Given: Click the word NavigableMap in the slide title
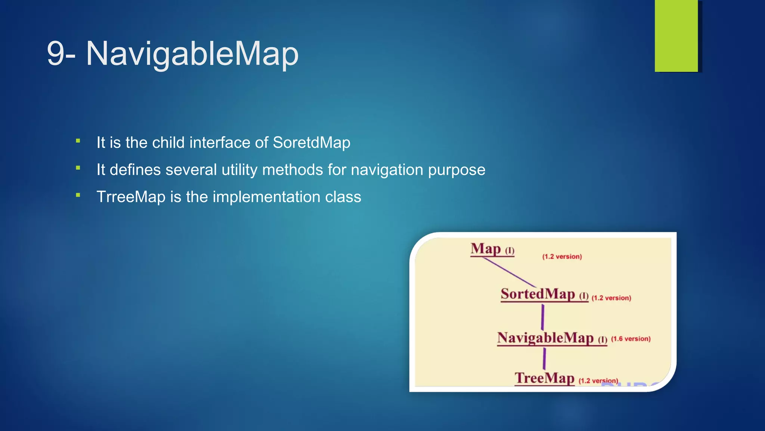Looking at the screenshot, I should (192, 54).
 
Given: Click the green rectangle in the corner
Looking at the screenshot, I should (676, 36).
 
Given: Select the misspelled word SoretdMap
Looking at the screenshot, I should (312, 143).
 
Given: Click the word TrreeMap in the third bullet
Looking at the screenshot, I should (131, 197).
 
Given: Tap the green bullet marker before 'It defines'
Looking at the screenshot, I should (78, 168).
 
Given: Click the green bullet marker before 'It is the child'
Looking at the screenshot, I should (78, 141).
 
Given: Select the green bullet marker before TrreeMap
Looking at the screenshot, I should (78, 195).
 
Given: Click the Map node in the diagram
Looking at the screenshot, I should (486, 248).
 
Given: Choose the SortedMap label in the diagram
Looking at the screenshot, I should (538, 294).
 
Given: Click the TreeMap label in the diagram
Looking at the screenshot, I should (544, 378).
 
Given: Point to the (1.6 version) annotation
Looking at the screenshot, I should (631, 339).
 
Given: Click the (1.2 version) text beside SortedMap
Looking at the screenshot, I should (611, 298).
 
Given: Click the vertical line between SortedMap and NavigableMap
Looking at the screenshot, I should (542, 317).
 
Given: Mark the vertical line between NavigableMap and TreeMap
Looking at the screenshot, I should (544, 358).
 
